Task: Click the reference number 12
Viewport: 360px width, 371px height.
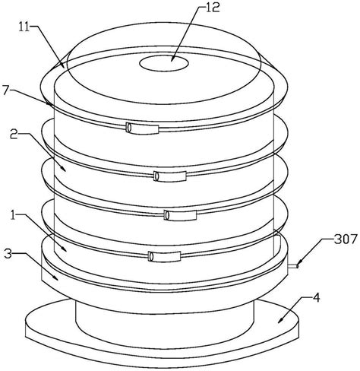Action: pyautogui.click(x=213, y=8)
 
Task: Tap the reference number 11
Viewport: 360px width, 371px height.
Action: pyautogui.click(x=24, y=27)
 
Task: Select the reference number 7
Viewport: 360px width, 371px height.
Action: pyautogui.click(x=6, y=90)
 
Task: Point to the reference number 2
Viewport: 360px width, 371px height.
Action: pyautogui.click(x=14, y=135)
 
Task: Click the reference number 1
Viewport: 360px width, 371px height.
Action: pyautogui.click(x=14, y=216)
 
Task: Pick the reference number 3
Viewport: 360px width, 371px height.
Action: pyautogui.click(x=8, y=254)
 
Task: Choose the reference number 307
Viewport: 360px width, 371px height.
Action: pyautogui.click(x=346, y=239)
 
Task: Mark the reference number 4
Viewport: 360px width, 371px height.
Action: pyautogui.click(x=317, y=297)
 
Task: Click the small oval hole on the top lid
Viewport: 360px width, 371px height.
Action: pyautogui.click(x=164, y=63)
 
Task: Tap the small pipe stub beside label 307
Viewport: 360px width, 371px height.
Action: pyautogui.click(x=293, y=266)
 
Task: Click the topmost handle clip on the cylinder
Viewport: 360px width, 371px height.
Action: pyautogui.click(x=142, y=128)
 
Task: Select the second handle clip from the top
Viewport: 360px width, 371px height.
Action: pyautogui.click(x=170, y=176)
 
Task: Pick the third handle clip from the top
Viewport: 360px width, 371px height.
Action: pyautogui.click(x=180, y=215)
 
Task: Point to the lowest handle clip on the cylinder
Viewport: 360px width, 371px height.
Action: pyautogui.click(x=165, y=256)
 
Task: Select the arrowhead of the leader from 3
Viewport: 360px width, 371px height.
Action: pyautogui.click(x=56, y=278)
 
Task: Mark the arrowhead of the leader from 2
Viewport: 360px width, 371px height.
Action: pyautogui.click(x=64, y=169)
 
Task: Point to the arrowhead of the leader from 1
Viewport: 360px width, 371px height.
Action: pyautogui.click(x=64, y=249)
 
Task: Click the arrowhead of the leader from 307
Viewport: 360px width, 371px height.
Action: pyautogui.click(x=299, y=265)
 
